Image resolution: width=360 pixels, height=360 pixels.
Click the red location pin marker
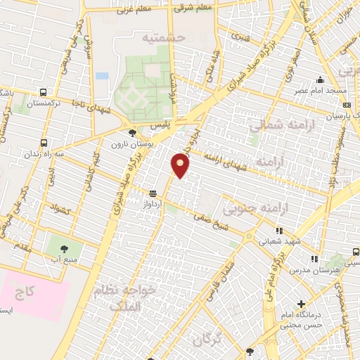pyautogui.click(x=181, y=165)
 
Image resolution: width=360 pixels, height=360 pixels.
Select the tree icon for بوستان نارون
pyautogui.click(x=132, y=132)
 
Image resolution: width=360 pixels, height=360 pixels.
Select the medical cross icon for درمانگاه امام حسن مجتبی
pyautogui.click(x=301, y=304)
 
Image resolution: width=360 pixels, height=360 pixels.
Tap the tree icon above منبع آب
pyautogui.click(x=65, y=247)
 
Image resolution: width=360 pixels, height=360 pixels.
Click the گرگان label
pyautogui.click(x=210, y=338)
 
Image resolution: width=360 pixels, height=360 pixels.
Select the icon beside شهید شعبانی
pyautogui.click(x=279, y=230)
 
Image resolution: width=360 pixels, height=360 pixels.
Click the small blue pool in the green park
pyautogui.click(x=102, y=75)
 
